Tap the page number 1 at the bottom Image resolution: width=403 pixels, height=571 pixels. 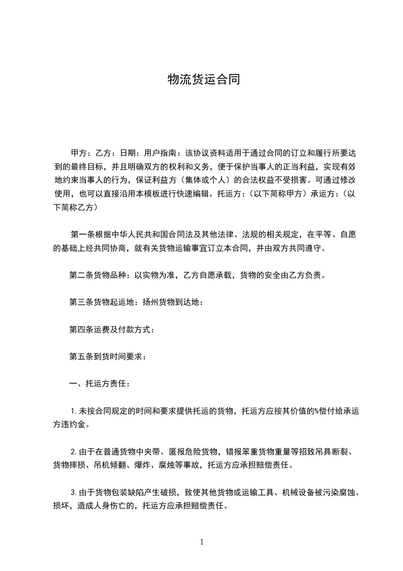(x=202, y=542)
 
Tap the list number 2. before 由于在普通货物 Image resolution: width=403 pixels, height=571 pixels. (x=73, y=451)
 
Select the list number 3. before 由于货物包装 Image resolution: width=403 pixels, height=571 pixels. (x=73, y=492)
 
